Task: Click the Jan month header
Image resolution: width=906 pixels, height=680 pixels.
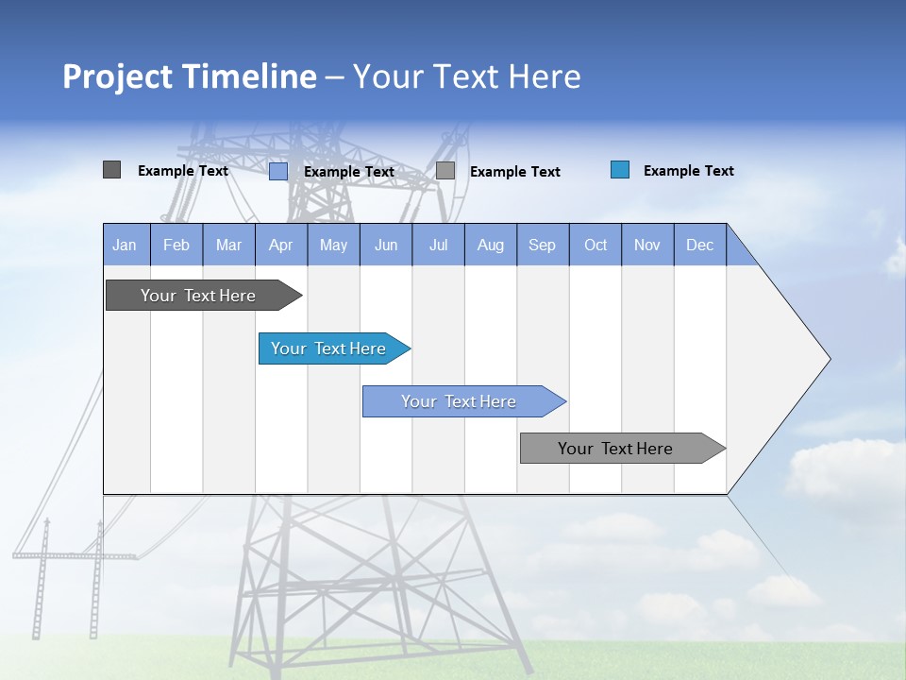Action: click(x=126, y=245)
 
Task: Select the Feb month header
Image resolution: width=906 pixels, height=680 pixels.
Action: click(x=176, y=245)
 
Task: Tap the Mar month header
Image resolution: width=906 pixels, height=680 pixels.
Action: click(x=228, y=245)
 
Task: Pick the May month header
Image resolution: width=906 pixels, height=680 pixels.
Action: click(x=333, y=245)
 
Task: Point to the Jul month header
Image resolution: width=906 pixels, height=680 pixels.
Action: click(x=438, y=245)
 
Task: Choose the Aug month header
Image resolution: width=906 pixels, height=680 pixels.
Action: click(x=491, y=245)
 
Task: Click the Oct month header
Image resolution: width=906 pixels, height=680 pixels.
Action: click(x=596, y=245)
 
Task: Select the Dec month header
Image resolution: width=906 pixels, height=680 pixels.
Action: click(x=700, y=245)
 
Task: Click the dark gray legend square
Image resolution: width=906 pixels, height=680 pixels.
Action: click(x=112, y=170)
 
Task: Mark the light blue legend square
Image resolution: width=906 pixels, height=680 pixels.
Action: click(x=278, y=171)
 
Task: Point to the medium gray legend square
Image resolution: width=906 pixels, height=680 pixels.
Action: click(x=445, y=171)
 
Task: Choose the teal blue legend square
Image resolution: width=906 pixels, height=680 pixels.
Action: click(x=620, y=170)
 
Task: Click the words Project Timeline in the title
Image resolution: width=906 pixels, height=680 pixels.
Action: click(x=190, y=76)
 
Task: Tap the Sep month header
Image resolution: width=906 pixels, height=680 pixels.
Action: click(x=543, y=245)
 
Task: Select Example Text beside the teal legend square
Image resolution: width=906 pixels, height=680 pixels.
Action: click(x=689, y=171)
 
